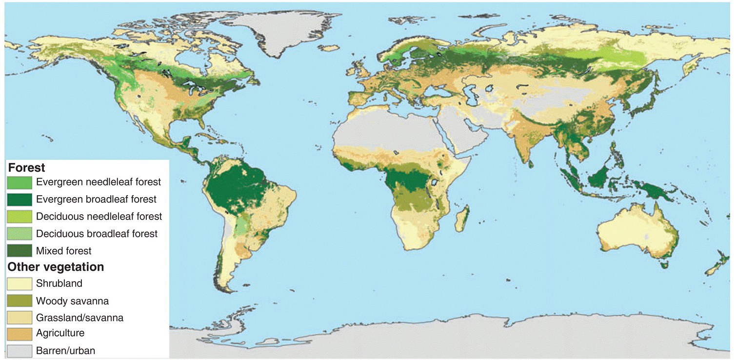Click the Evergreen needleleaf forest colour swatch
20,182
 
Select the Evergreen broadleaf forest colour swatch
20,199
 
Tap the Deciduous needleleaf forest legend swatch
20,216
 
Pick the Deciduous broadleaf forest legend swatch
20,234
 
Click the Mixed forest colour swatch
20,251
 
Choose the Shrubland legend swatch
20,283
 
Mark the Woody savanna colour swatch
20,300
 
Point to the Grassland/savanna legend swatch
20,318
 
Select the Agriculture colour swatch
20,334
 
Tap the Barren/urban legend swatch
20,350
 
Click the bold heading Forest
26,168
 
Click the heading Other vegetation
56,267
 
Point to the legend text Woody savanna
72,300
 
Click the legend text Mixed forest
64,251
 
